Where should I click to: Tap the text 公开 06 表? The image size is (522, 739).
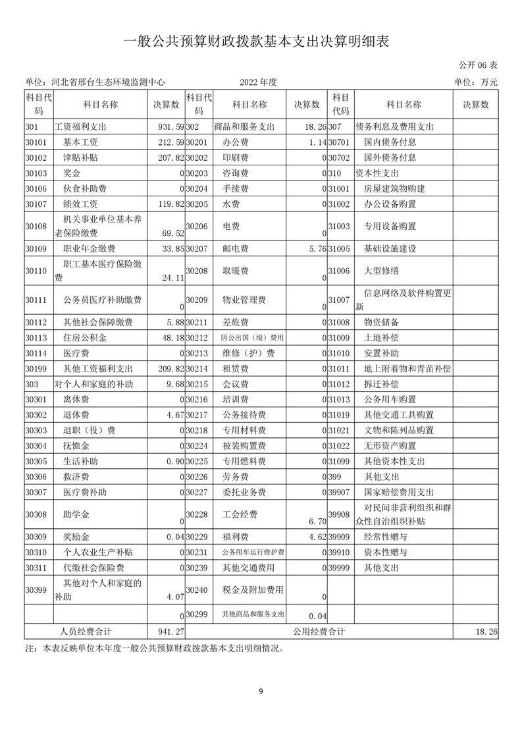pyautogui.click(x=476, y=66)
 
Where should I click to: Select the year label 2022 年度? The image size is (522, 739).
pyautogui.click(x=259, y=82)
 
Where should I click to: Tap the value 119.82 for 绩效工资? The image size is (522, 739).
pyautogui.click(x=167, y=204)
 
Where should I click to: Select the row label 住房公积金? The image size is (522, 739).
pyautogui.click(x=84, y=338)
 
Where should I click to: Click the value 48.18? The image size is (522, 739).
pyautogui.click(x=170, y=338)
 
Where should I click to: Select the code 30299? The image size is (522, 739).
pyautogui.click(x=197, y=615)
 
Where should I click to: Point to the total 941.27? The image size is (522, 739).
pyautogui.click(x=167, y=631)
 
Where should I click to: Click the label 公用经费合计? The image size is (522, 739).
pyautogui.click(x=319, y=631)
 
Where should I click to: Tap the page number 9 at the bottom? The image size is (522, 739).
pyautogui.click(x=261, y=691)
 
